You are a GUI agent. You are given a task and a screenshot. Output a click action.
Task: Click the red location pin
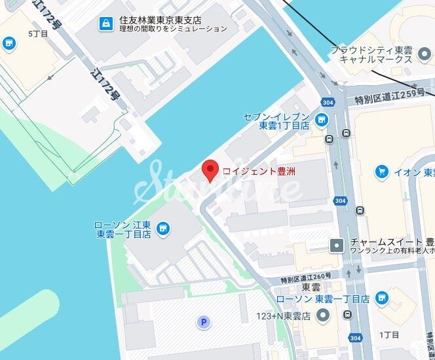point(210,170)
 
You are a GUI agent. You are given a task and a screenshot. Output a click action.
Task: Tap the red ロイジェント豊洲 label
point(259,171)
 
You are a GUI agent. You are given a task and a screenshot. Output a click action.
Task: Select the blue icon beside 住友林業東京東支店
point(105,24)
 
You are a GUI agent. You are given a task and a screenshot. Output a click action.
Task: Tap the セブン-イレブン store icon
point(321,119)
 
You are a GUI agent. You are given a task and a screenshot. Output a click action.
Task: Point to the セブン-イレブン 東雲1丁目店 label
point(275,121)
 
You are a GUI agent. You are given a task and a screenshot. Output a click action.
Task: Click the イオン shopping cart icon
point(381,171)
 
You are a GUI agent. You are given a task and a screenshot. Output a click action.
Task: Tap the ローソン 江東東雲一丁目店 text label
point(124,228)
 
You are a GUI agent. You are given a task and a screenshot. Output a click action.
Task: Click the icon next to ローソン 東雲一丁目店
point(381,298)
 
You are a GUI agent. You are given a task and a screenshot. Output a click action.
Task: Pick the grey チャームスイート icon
point(337,245)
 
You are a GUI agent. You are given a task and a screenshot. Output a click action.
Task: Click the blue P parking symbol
point(204,321)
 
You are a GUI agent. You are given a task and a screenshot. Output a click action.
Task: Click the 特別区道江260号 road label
point(311,278)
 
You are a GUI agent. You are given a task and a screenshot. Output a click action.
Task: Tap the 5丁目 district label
point(38,33)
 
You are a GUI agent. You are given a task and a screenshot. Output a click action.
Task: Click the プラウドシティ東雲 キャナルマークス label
point(371,54)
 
